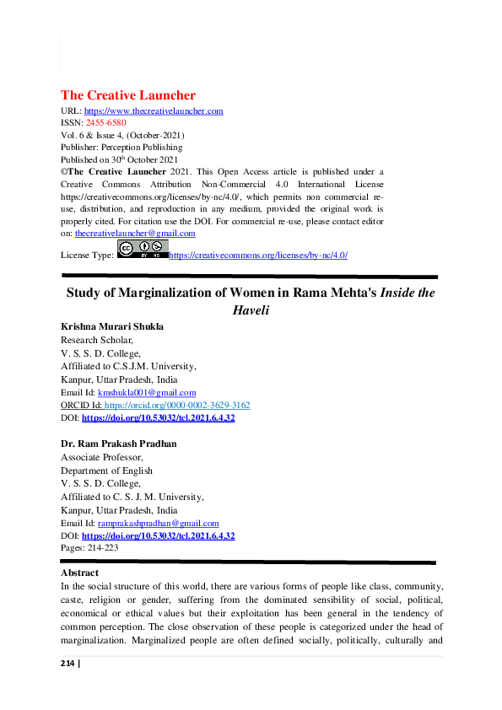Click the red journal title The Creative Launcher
pos(127,95)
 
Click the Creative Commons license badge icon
pos(143,250)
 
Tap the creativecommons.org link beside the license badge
pos(258,255)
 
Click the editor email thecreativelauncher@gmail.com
pos(135,233)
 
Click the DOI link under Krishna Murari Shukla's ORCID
pos(158,417)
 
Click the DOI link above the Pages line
pos(158,535)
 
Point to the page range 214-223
pos(78,547)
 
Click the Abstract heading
pos(81,573)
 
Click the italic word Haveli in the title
pos(251,310)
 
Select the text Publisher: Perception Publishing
pos(121,147)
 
